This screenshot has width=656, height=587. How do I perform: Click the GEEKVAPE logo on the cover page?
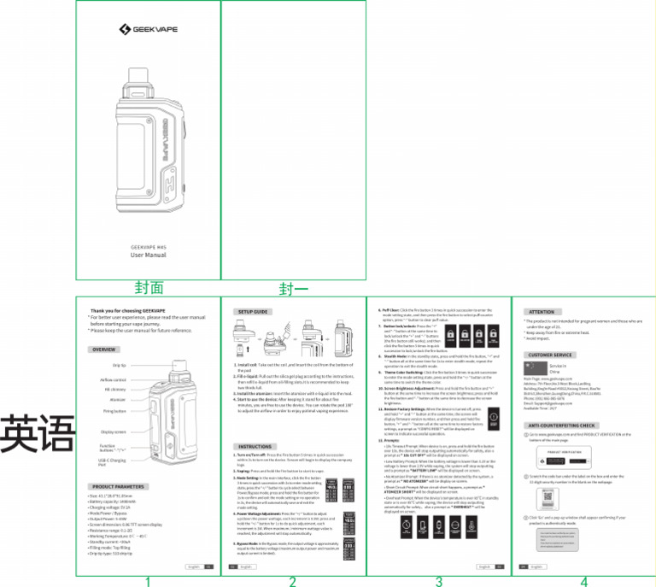[148, 30]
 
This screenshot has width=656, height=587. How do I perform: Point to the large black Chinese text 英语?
[37, 433]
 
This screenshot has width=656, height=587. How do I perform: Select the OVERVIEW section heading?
[105, 350]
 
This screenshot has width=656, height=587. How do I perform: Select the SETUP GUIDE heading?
[253, 312]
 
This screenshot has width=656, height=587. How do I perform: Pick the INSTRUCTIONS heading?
[255, 446]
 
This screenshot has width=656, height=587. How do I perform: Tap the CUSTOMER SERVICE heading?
[550, 355]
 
